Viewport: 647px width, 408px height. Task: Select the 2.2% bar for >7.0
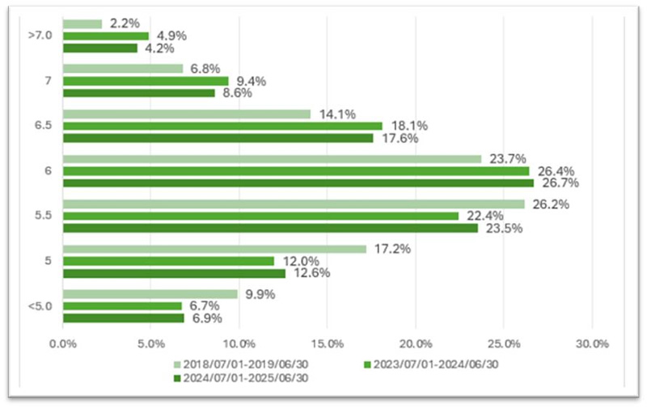[82, 24]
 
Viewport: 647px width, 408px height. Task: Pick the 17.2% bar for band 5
[214, 250]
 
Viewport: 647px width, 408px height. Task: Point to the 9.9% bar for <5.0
[150, 294]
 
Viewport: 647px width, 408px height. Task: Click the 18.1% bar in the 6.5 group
[222, 126]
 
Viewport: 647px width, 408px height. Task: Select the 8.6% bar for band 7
[138, 93]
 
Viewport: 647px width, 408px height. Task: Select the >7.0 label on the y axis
[39, 36]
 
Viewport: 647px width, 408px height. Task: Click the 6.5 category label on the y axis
[41, 126]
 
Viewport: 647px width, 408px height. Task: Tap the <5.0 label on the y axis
[39, 306]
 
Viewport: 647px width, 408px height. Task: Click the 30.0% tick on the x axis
[591, 343]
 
